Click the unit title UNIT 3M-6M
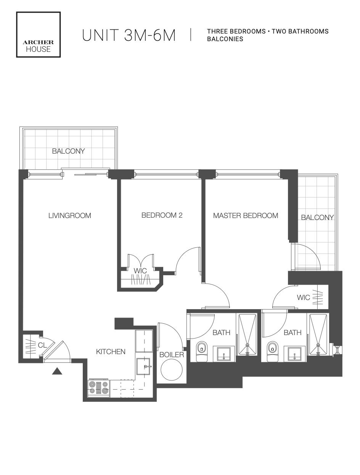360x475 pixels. pyautogui.click(x=129, y=35)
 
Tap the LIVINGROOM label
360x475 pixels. pyautogui.click(x=70, y=215)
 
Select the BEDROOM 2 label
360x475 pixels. pyautogui.click(x=162, y=215)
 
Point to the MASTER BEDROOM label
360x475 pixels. pyautogui.click(x=246, y=215)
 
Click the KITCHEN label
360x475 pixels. pyautogui.click(x=111, y=351)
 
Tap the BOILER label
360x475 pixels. pyautogui.click(x=172, y=355)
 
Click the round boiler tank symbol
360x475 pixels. pyautogui.click(x=172, y=370)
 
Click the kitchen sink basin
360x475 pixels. pyautogui.click(x=143, y=366)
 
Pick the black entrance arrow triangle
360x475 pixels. pyautogui.click(x=57, y=371)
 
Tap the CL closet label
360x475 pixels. pyautogui.click(x=42, y=345)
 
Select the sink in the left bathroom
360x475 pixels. pyautogui.click(x=224, y=354)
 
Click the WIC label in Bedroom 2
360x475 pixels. pyautogui.click(x=140, y=271)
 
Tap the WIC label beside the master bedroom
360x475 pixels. pyautogui.click(x=304, y=298)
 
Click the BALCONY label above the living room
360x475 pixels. pyautogui.click(x=68, y=151)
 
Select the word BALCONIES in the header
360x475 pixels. pyautogui.click(x=225, y=39)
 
